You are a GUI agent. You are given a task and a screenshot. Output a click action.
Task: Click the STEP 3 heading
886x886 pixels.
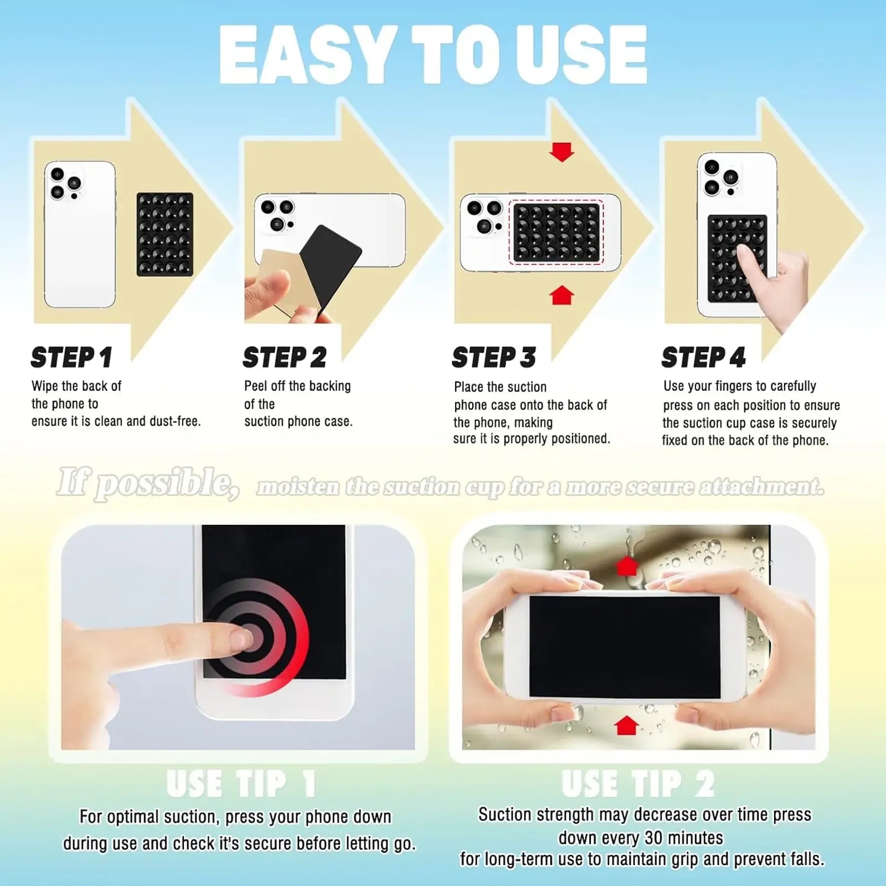[x=493, y=357]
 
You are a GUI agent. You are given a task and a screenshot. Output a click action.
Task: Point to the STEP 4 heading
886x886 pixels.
[x=703, y=357]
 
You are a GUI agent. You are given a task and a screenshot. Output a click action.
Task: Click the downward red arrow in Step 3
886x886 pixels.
[x=562, y=152]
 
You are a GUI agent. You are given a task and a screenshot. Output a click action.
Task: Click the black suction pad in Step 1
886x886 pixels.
[x=164, y=234]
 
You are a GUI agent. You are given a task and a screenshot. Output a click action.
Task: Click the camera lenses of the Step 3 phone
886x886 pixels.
[x=484, y=216]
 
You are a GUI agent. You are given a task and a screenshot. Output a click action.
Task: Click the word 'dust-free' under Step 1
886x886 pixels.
[x=174, y=421]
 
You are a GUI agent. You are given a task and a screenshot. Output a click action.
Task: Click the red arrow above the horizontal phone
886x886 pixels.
[x=627, y=566]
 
